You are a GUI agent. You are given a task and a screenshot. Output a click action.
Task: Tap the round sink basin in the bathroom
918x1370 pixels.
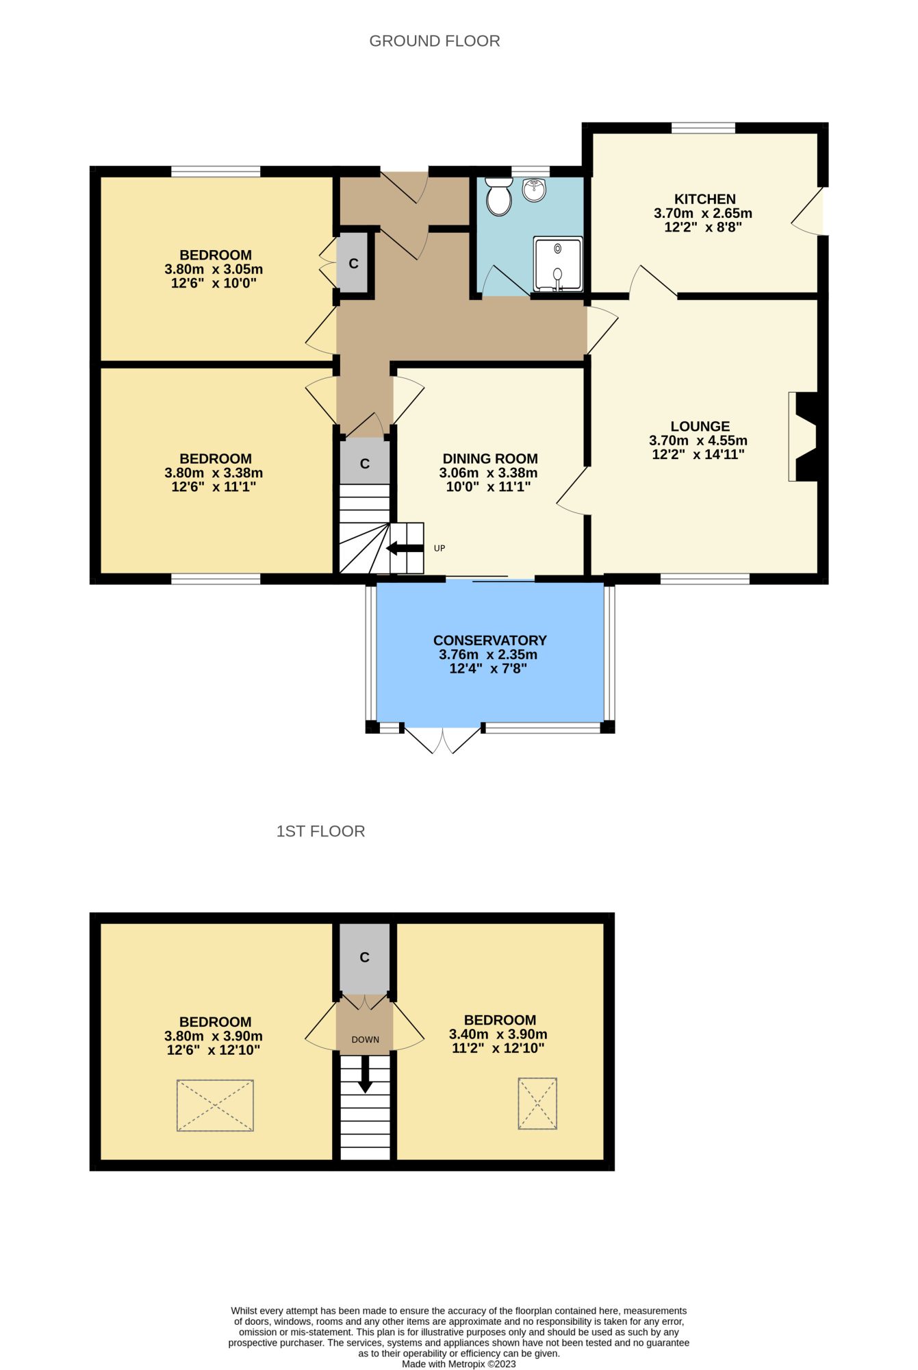point(535,190)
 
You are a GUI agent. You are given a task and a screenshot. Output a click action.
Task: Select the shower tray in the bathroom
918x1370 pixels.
point(558,264)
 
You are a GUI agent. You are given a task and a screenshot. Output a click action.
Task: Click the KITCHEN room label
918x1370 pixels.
point(705,199)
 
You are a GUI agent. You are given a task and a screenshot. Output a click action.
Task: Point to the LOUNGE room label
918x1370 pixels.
point(700,426)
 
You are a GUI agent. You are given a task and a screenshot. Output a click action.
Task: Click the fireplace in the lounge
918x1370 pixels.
point(804,436)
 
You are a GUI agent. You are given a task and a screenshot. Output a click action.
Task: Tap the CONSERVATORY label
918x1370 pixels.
point(490,640)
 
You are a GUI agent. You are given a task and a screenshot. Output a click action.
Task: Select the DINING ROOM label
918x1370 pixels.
point(490,459)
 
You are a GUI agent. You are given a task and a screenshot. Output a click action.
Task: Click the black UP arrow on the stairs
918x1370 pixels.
point(405,548)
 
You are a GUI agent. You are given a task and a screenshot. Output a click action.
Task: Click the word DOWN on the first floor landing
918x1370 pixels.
point(366,1039)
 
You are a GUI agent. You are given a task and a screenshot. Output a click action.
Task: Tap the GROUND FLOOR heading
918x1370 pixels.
point(435,41)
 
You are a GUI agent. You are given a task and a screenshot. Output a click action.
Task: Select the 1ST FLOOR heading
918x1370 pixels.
point(320,831)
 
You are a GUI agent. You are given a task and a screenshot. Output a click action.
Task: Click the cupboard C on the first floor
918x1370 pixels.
point(365,958)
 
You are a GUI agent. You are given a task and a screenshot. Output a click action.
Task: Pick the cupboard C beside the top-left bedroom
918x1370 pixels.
point(353,264)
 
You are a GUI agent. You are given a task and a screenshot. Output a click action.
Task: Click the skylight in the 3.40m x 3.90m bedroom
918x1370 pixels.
point(537,1104)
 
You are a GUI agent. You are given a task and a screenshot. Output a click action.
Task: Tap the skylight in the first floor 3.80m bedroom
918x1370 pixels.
point(215,1106)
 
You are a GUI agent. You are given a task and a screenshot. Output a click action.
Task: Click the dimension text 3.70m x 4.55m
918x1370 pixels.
point(698,440)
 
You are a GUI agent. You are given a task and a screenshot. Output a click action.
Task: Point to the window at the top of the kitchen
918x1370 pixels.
point(703,127)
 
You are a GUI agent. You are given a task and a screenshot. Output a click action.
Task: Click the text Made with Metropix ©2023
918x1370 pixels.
point(459,1364)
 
